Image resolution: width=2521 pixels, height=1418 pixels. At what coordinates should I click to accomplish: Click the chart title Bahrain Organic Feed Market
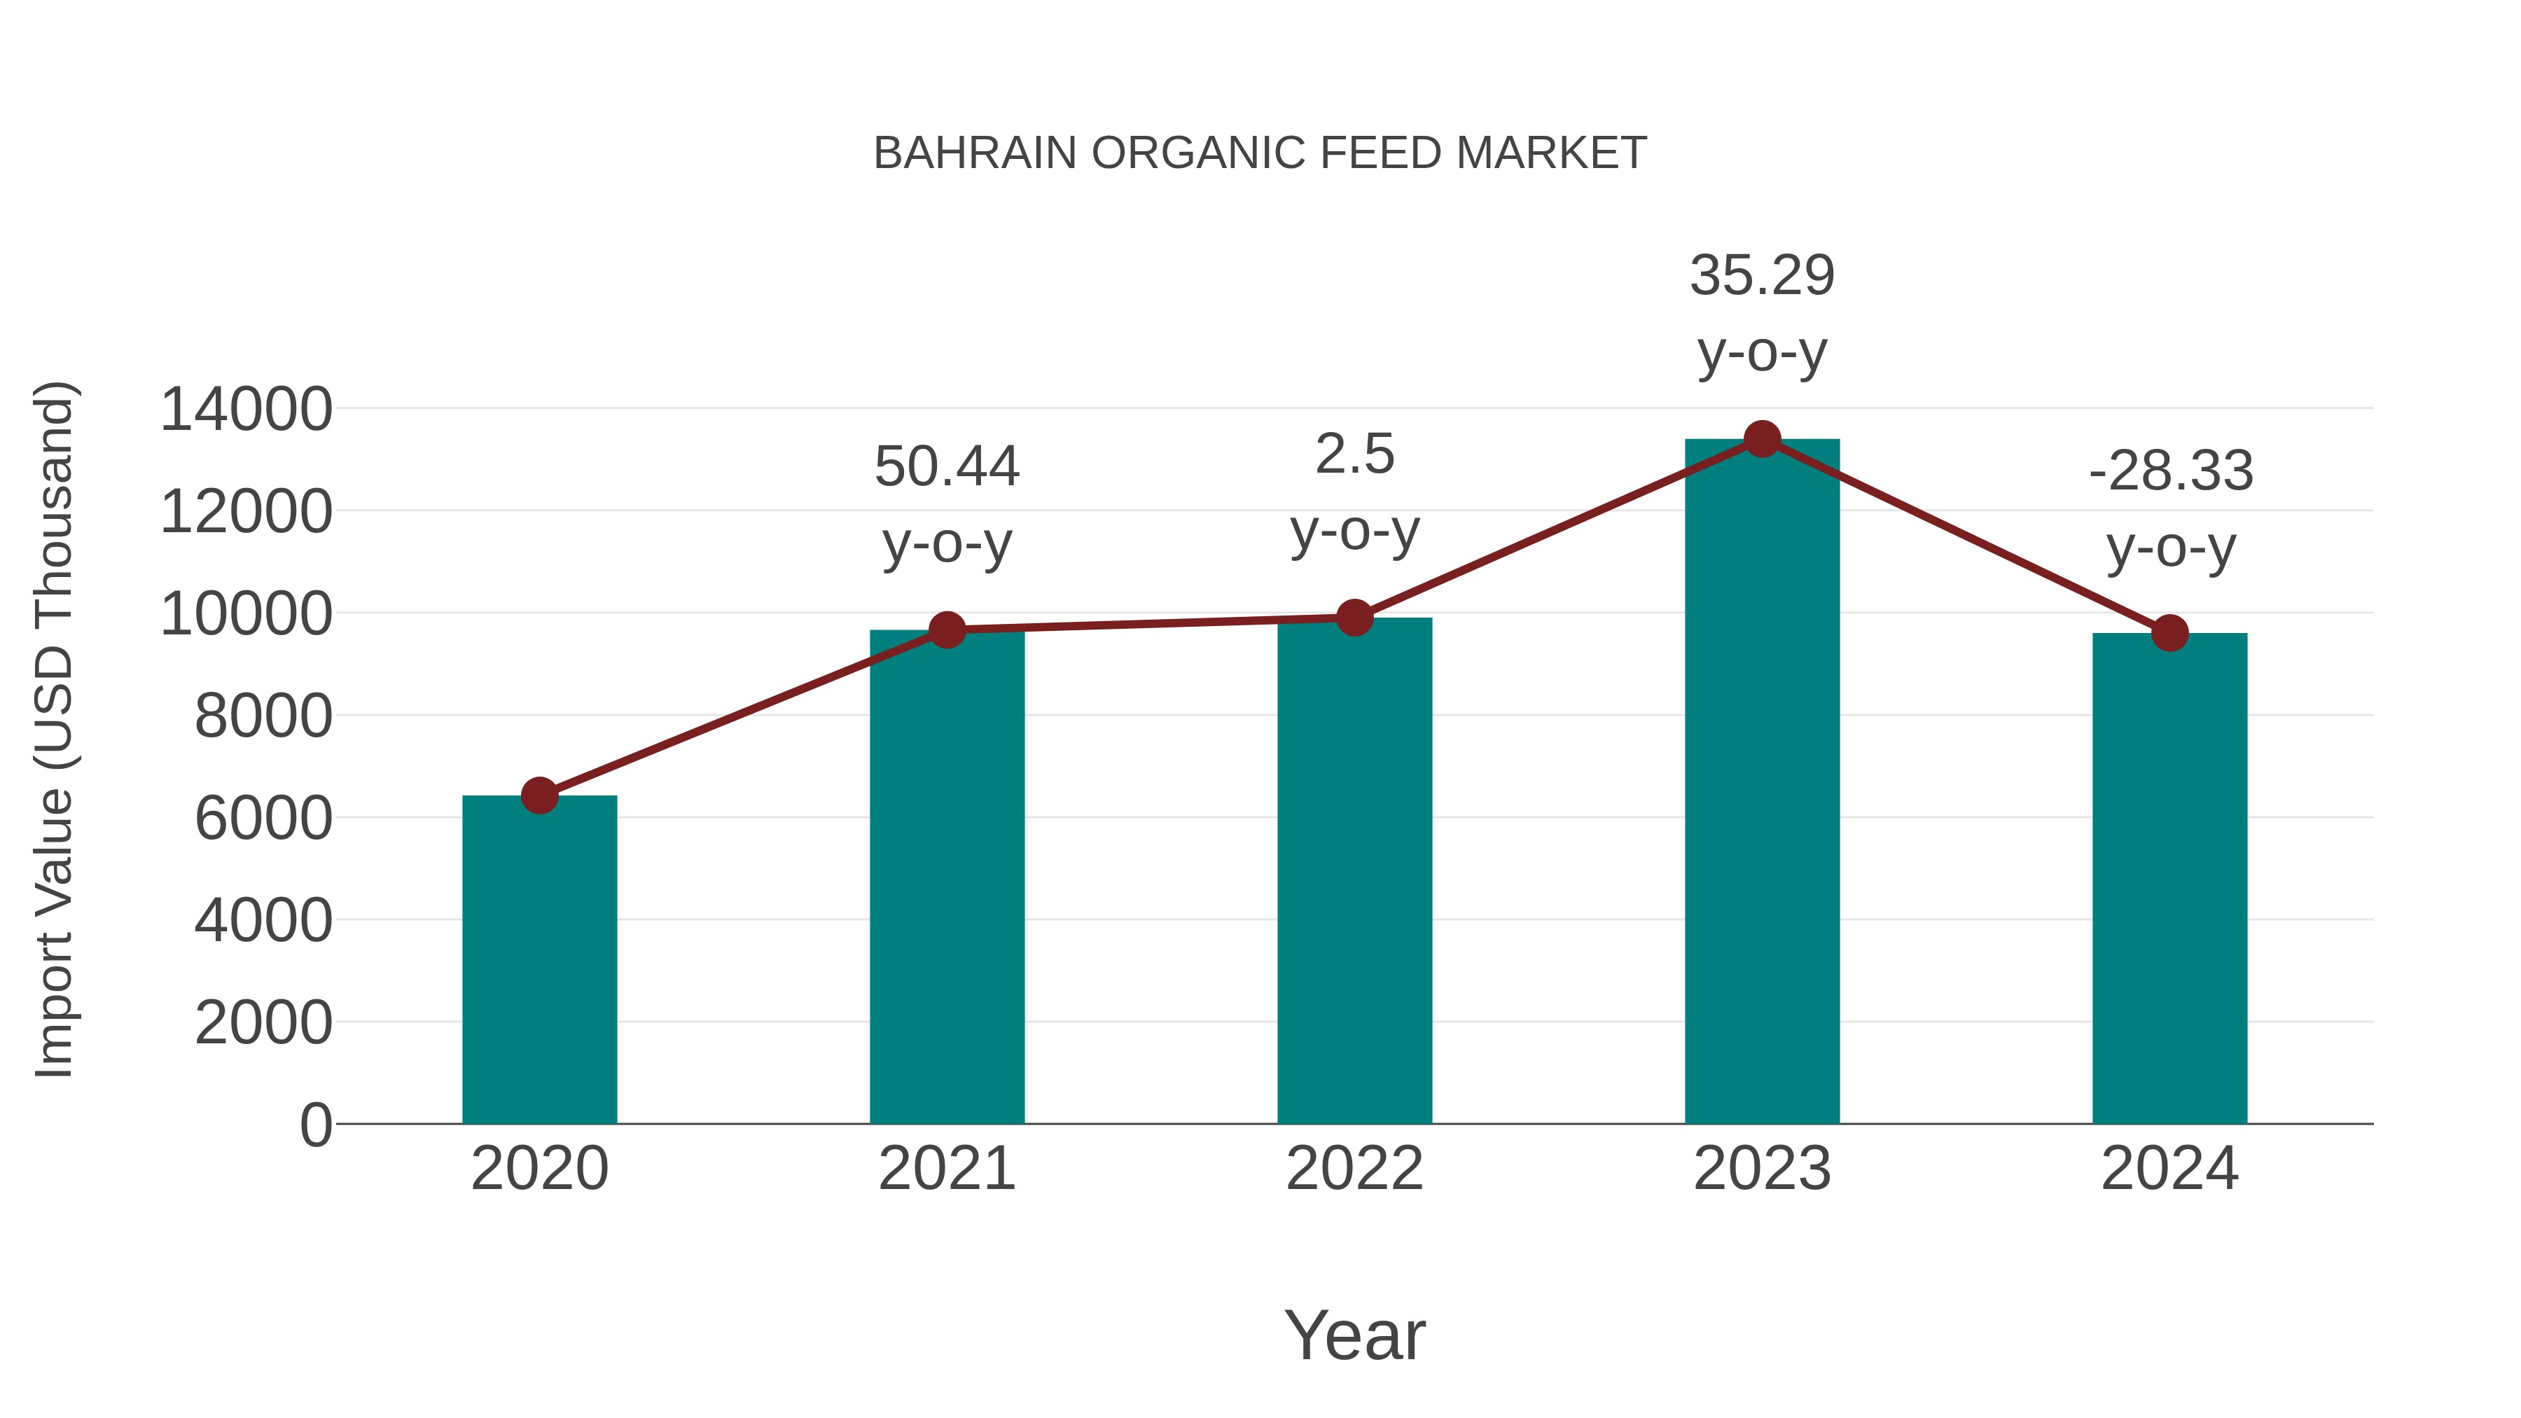point(1260,153)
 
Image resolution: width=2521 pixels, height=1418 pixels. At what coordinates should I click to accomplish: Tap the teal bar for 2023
point(1762,783)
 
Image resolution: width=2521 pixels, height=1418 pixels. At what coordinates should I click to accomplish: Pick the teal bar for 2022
point(1354,871)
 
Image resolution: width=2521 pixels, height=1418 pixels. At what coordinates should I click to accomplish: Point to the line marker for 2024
point(2169,633)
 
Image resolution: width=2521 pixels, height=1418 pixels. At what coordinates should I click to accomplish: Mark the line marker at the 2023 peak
point(1763,439)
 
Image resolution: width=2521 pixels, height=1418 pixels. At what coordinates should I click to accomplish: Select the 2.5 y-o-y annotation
point(1354,492)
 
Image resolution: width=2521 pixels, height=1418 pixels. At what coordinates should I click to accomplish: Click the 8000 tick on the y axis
point(264,716)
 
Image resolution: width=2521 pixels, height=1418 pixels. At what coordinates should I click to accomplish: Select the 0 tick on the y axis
point(316,1125)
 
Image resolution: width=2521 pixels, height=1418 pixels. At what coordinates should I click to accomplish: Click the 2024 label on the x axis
point(2169,1169)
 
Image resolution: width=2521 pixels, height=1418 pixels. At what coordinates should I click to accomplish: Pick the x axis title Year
point(1354,1335)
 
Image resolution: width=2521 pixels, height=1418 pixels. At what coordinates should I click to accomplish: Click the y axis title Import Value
point(55,729)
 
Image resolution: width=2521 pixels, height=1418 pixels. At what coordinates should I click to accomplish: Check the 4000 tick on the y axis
point(264,920)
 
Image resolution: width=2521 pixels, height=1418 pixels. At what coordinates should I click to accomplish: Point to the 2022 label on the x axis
point(1354,1169)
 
